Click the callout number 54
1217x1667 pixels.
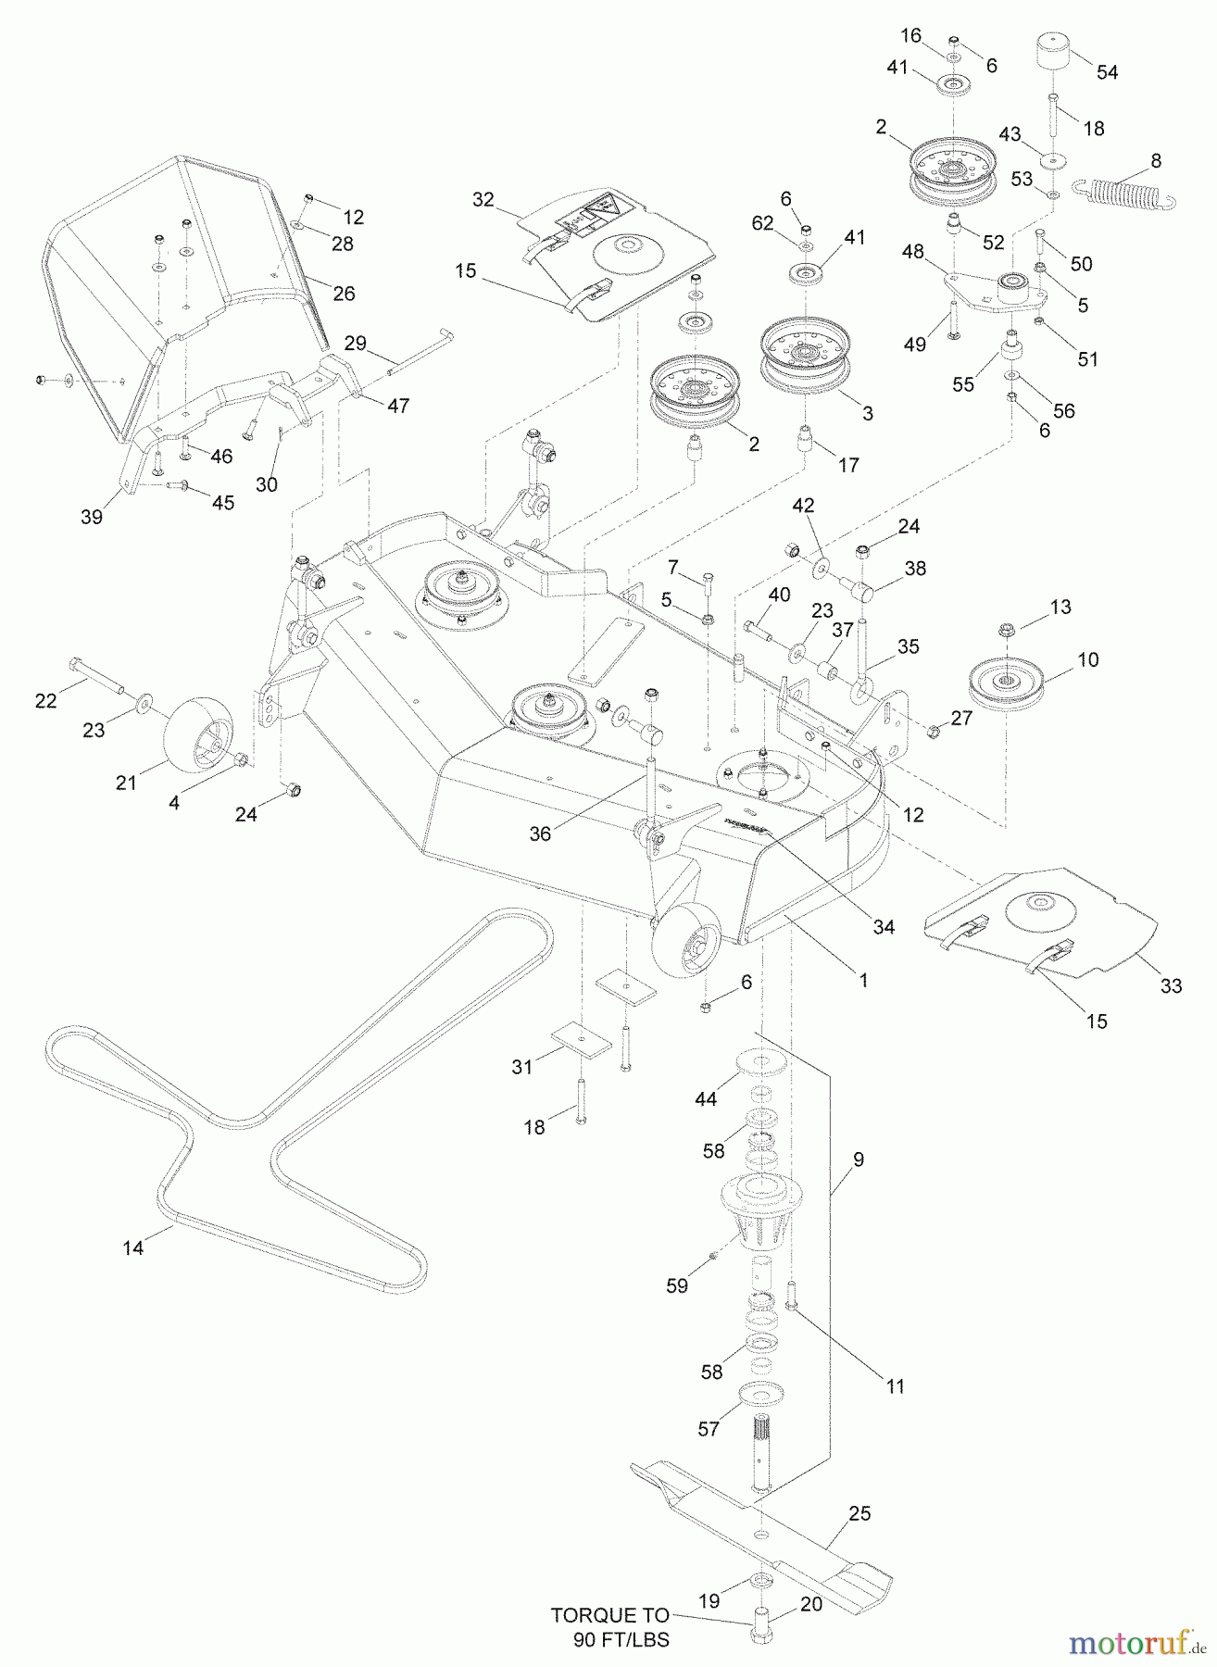pos(1107,72)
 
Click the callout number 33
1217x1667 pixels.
pos(1172,986)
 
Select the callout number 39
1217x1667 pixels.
pos(91,518)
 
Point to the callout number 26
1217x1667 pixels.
pos(344,294)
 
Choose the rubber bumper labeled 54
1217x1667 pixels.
pos(1054,53)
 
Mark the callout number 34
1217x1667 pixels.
pos(885,926)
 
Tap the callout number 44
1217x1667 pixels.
pos(707,1099)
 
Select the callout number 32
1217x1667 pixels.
pos(483,199)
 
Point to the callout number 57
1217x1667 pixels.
pos(709,1429)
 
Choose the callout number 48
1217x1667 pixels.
pos(912,251)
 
